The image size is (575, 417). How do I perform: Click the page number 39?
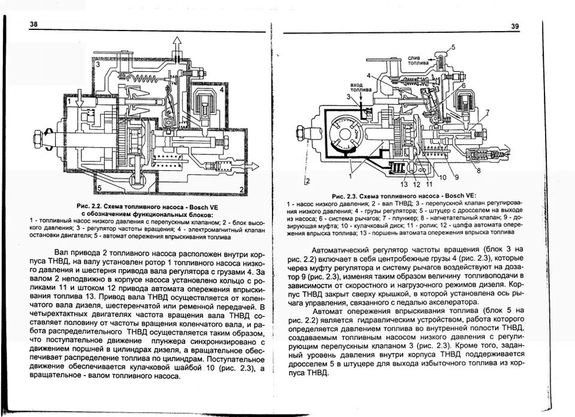[x=515, y=26]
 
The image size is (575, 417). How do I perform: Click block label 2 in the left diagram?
[x=241, y=190]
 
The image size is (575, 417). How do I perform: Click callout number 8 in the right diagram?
[x=479, y=171]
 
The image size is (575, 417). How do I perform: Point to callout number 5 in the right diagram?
[x=453, y=47]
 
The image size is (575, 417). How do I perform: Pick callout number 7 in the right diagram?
[x=488, y=112]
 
